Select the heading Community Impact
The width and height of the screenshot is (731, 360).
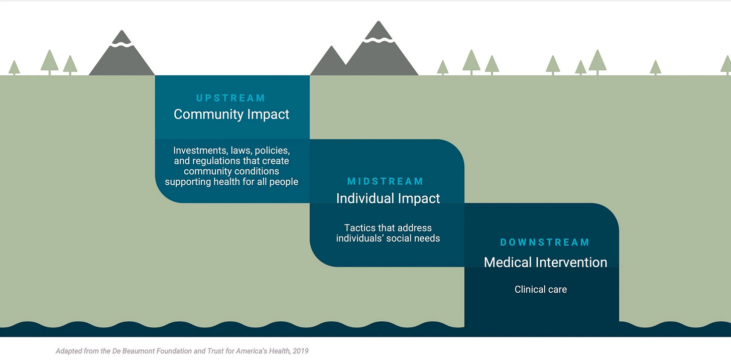click(231, 114)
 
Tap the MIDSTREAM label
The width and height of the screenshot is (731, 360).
click(386, 181)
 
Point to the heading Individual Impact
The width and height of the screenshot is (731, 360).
click(388, 198)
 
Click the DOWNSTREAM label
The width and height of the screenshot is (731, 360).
click(545, 243)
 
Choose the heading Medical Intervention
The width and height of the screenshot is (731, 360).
click(545, 262)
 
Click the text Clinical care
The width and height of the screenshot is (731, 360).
click(541, 289)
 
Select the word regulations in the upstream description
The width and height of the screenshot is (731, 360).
click(212, 161)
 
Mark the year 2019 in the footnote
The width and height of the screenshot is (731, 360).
click(300, 351)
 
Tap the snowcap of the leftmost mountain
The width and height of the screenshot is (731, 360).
click(121, 43)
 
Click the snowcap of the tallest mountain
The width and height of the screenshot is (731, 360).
click(379, 38)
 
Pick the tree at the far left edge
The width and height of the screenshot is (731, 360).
click(14, 67)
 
